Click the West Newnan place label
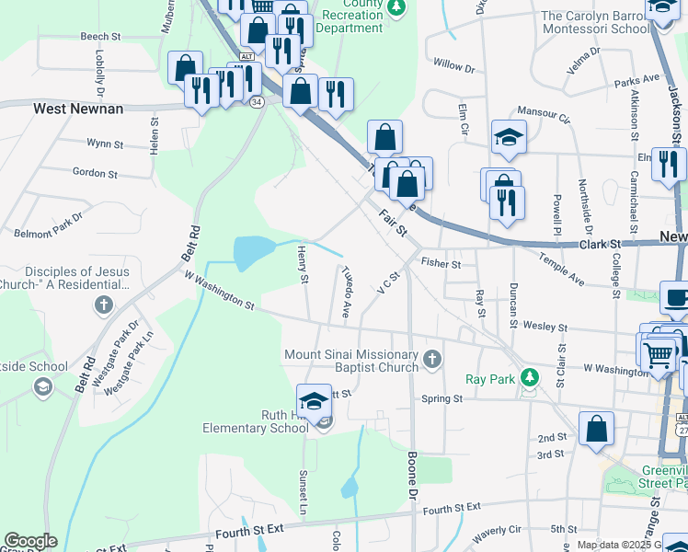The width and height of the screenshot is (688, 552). [x=78, y=109]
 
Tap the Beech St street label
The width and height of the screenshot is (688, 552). [x=101, y=37]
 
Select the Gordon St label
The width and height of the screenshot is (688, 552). [x=95, y=173]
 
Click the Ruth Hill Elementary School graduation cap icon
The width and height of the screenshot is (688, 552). [x=314, y=401]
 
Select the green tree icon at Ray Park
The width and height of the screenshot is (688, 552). [x=529, y=377]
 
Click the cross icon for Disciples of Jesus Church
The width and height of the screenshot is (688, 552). [x=105, y=305]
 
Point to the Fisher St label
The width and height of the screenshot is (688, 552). [x=440, y=264]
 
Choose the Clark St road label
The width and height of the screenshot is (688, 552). [x=601, y=245]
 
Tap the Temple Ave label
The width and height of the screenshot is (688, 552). [x=562, y=269]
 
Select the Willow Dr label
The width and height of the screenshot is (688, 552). [x=453, y=67]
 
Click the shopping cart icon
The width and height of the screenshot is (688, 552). [x=659, y=351]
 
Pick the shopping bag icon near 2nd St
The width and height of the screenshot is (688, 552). [x=597, y=428]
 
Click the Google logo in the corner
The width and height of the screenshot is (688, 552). [x=30, y=542]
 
